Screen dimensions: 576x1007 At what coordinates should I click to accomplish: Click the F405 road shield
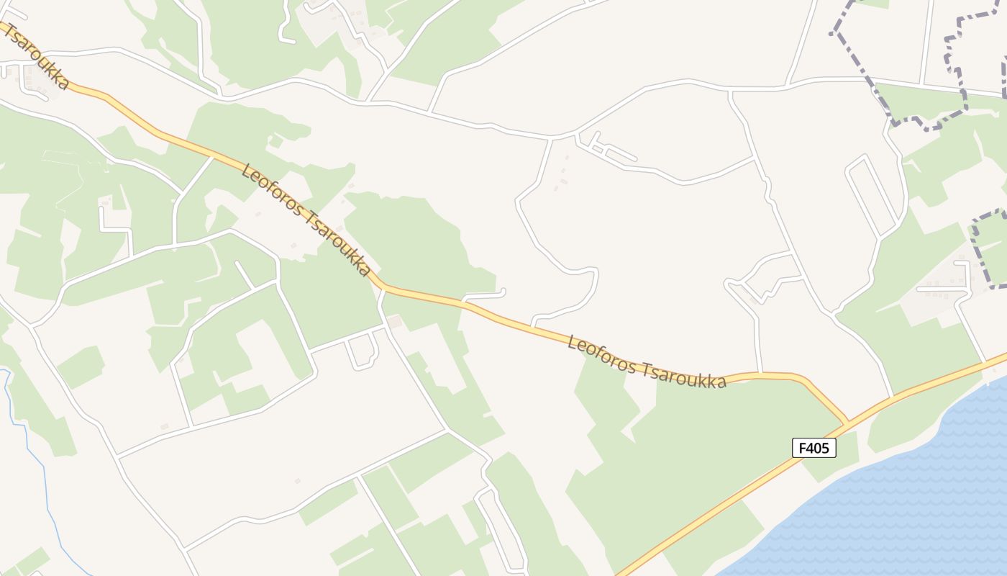(814, 448)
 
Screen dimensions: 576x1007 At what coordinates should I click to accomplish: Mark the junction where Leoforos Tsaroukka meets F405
(848, 422)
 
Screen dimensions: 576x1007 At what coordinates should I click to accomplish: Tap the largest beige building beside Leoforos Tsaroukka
(394, 321)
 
